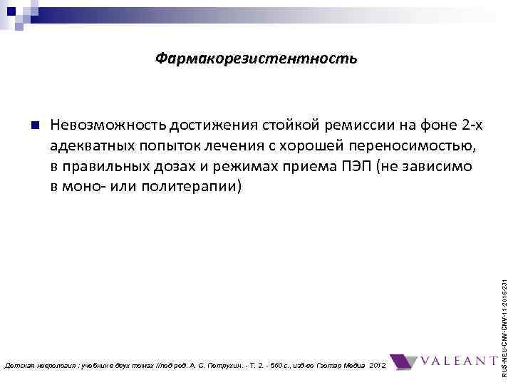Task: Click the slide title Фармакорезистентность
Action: click(x=256, y=58)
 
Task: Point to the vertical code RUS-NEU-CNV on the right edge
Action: click(x=505, y=314)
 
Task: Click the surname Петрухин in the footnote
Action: click(x=250, y=365)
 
